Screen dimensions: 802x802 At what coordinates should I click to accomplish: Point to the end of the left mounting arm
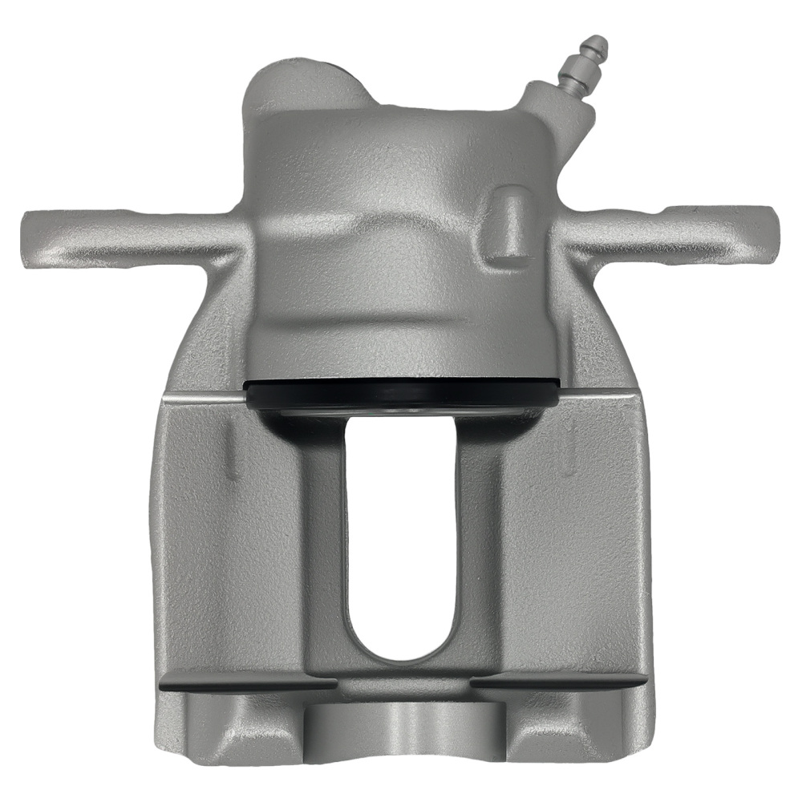32,237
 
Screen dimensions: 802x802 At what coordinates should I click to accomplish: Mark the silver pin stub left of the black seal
244,396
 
